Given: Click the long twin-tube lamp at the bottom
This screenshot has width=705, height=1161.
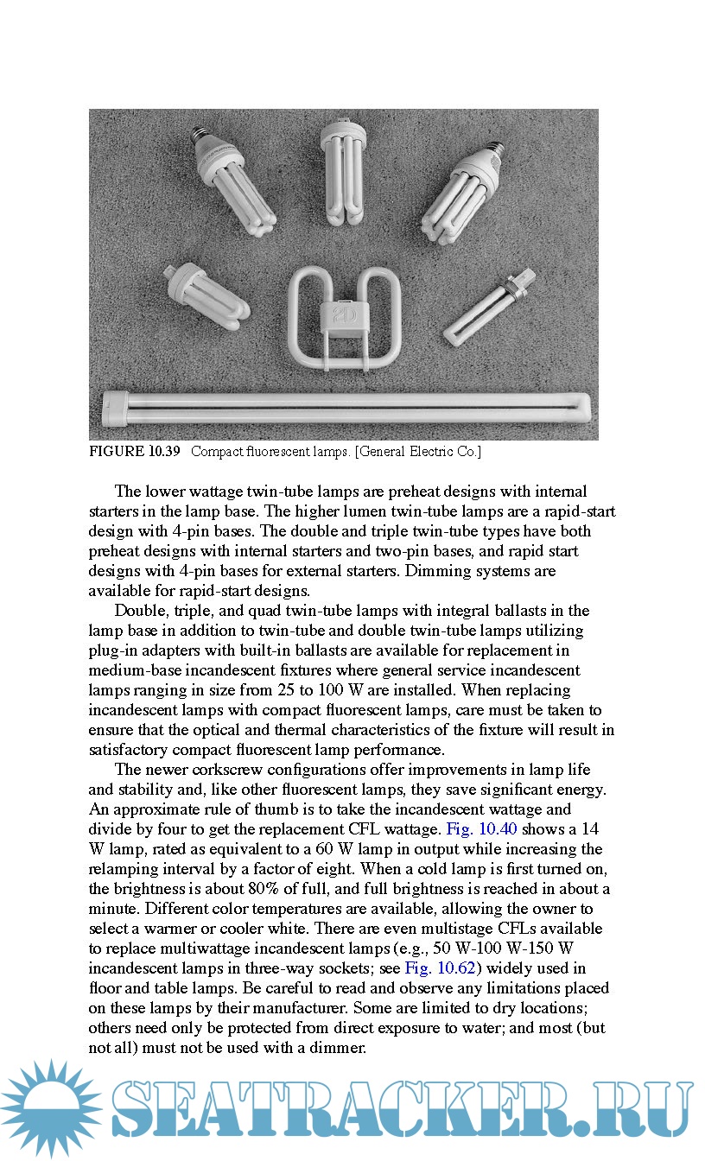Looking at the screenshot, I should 346,406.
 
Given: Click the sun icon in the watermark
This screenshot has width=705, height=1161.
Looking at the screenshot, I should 50,1109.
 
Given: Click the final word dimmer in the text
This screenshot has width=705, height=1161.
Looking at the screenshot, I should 341,1048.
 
